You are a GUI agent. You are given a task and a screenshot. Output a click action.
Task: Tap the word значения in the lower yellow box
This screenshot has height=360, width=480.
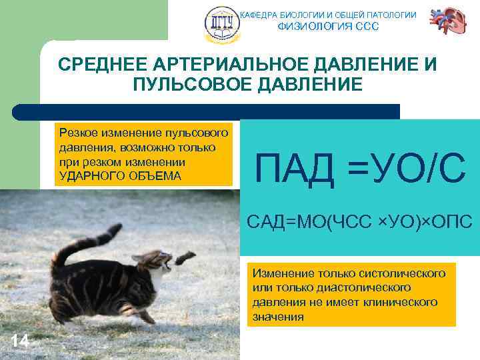point(278,317)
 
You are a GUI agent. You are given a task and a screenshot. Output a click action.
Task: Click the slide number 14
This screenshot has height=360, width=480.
point(19,341)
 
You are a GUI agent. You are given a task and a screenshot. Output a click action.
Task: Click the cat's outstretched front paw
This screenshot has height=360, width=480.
point(185,255)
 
